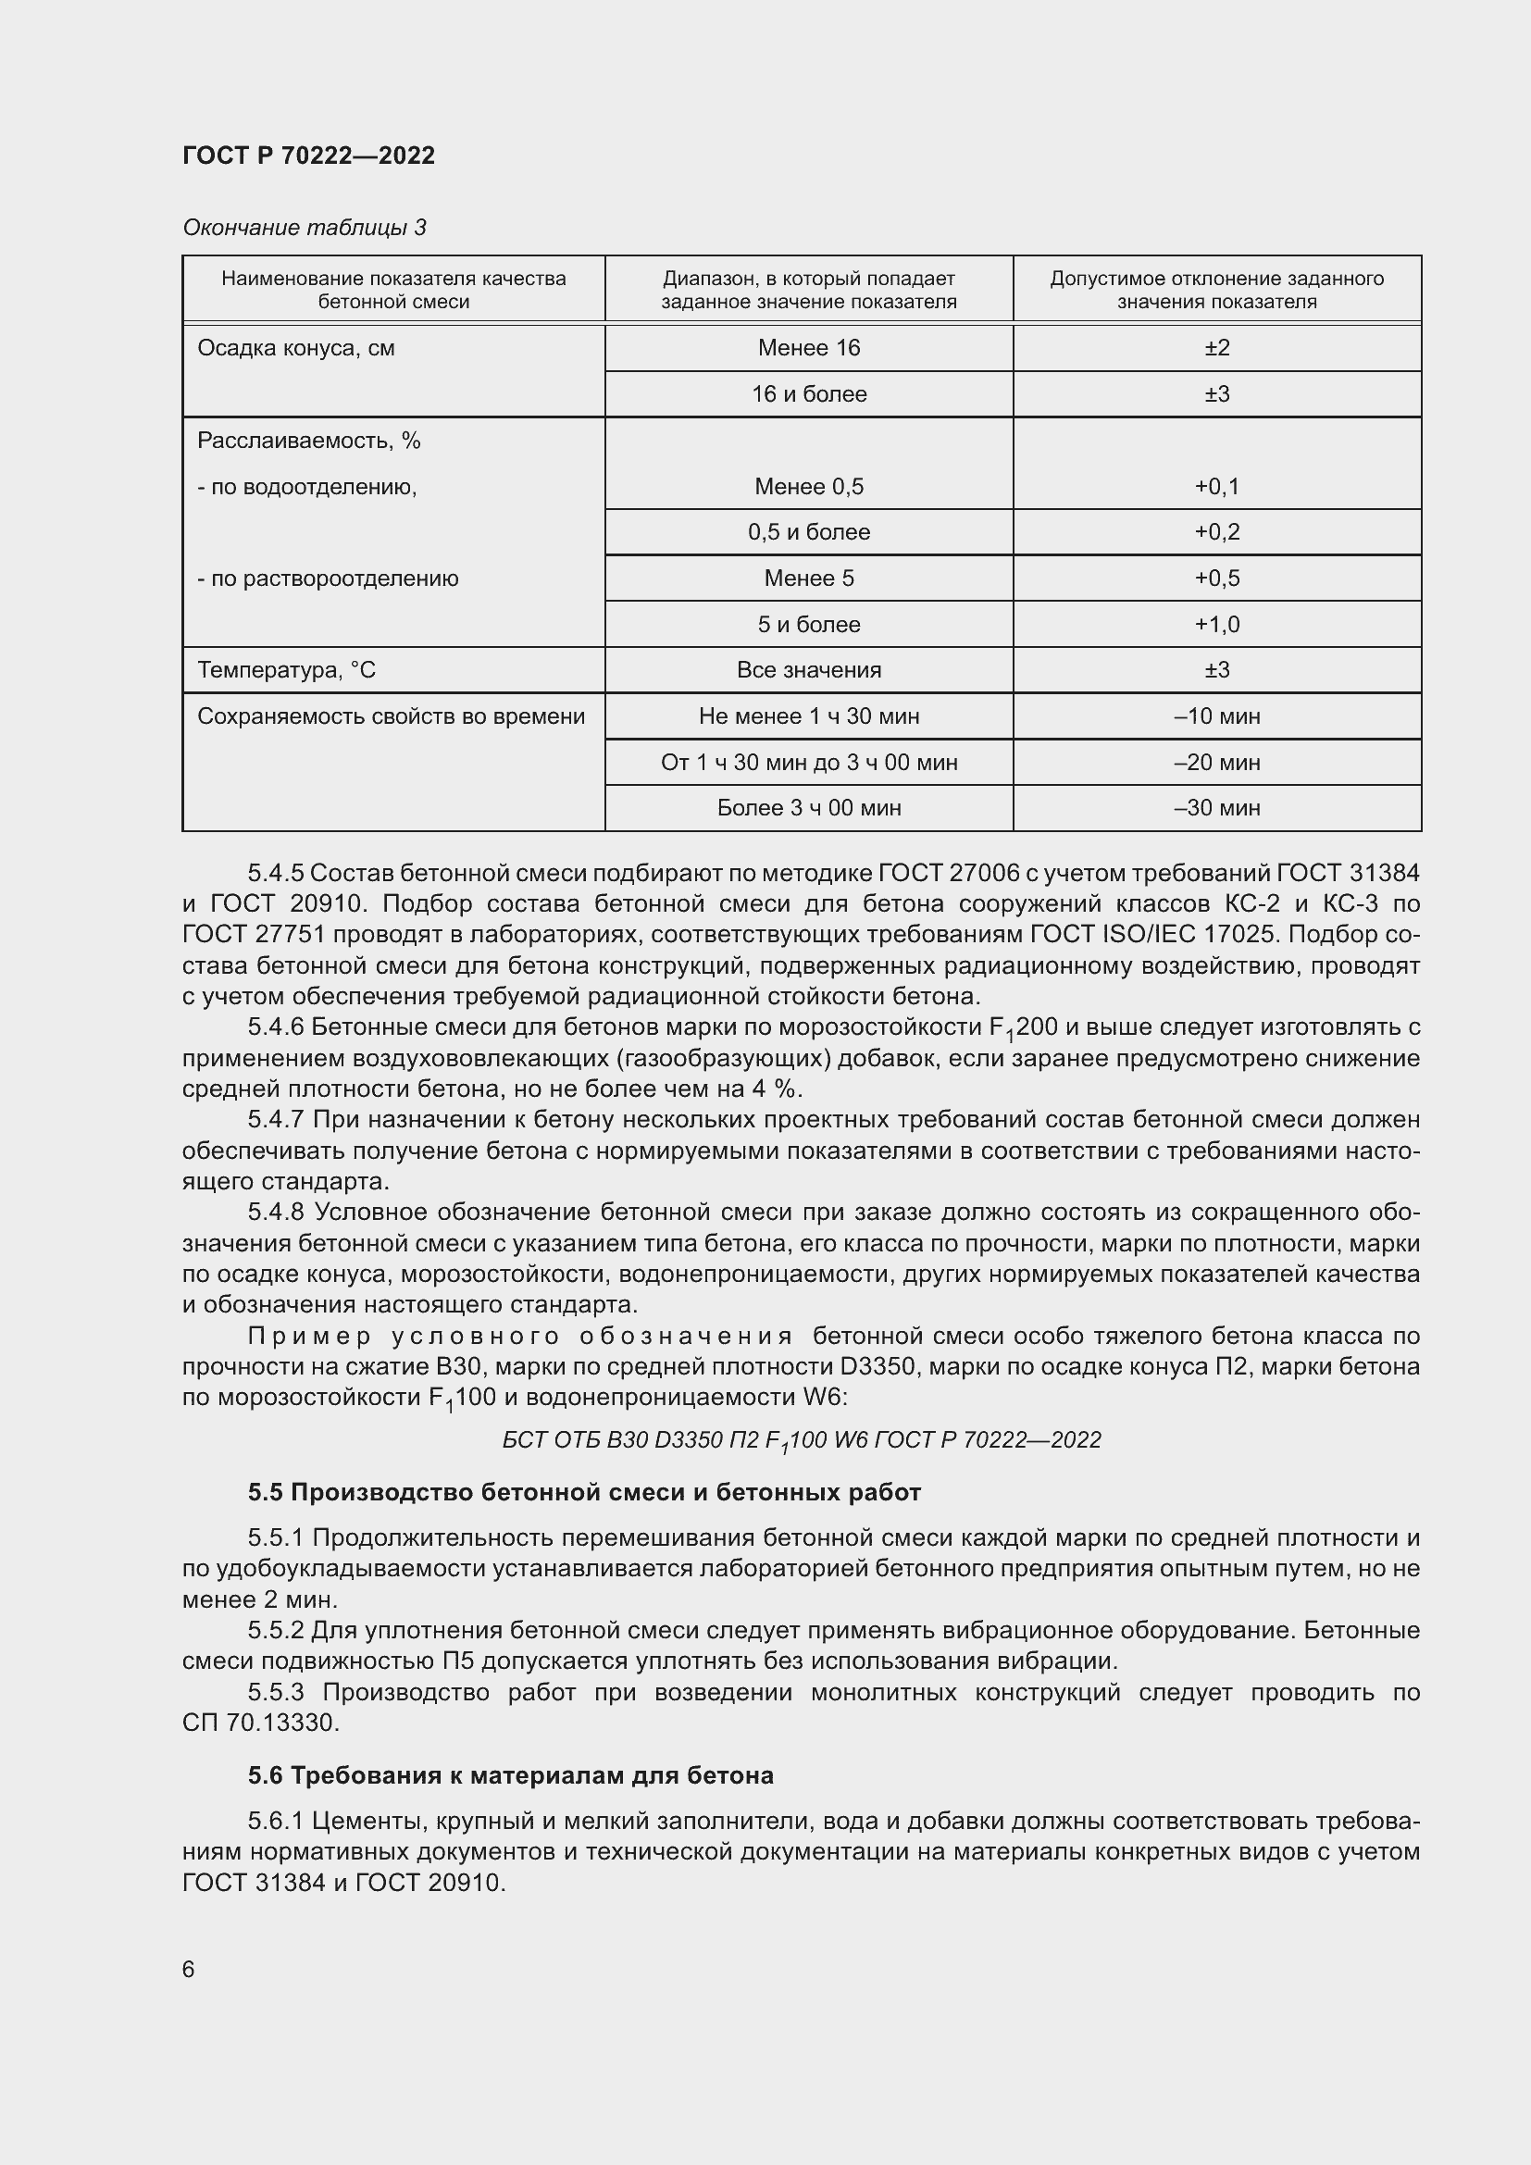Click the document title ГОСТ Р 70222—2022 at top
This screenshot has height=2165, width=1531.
[x=308, y=156]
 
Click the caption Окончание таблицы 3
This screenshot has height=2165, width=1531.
[x=304, y=228]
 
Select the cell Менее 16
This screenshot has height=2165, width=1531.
[x=808, y=348]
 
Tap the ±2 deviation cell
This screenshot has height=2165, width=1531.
[x=1216, y=348]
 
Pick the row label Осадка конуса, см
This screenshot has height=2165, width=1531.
[x=296, y=348]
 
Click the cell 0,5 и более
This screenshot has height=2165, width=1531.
[x=808, y=532]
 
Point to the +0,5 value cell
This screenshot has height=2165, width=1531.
[x=1216, y=578]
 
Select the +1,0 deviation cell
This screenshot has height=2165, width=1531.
[x=1216, y=624]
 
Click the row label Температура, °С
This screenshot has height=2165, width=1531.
[x=287, y=670]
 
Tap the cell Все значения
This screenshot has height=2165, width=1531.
[x=808, y=670]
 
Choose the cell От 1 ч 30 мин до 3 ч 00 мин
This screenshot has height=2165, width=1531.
[x=808, y=762]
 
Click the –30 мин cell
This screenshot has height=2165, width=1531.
[x=1216, y=808]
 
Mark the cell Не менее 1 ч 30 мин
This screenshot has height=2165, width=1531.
[x=808, y=716]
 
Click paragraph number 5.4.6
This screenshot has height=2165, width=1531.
[x=275, y=1027]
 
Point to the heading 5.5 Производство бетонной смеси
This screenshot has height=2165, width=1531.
[x=583, y=1493]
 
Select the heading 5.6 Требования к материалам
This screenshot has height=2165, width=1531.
[x=510, y=1775]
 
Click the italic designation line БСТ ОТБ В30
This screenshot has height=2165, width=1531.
[x=801, y=1440]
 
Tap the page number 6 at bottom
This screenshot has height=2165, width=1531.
[x=189, y=1970]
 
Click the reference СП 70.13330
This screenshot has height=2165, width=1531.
[x=260, y=1723]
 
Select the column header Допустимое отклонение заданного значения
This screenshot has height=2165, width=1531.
[x=1216, y=291]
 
